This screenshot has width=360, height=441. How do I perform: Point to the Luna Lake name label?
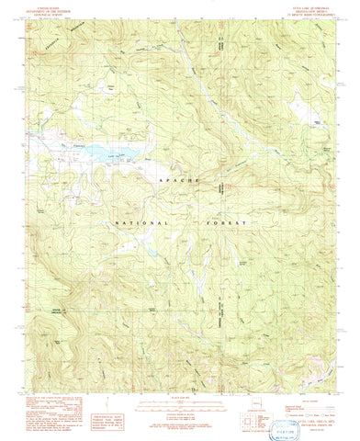coord(116,162)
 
